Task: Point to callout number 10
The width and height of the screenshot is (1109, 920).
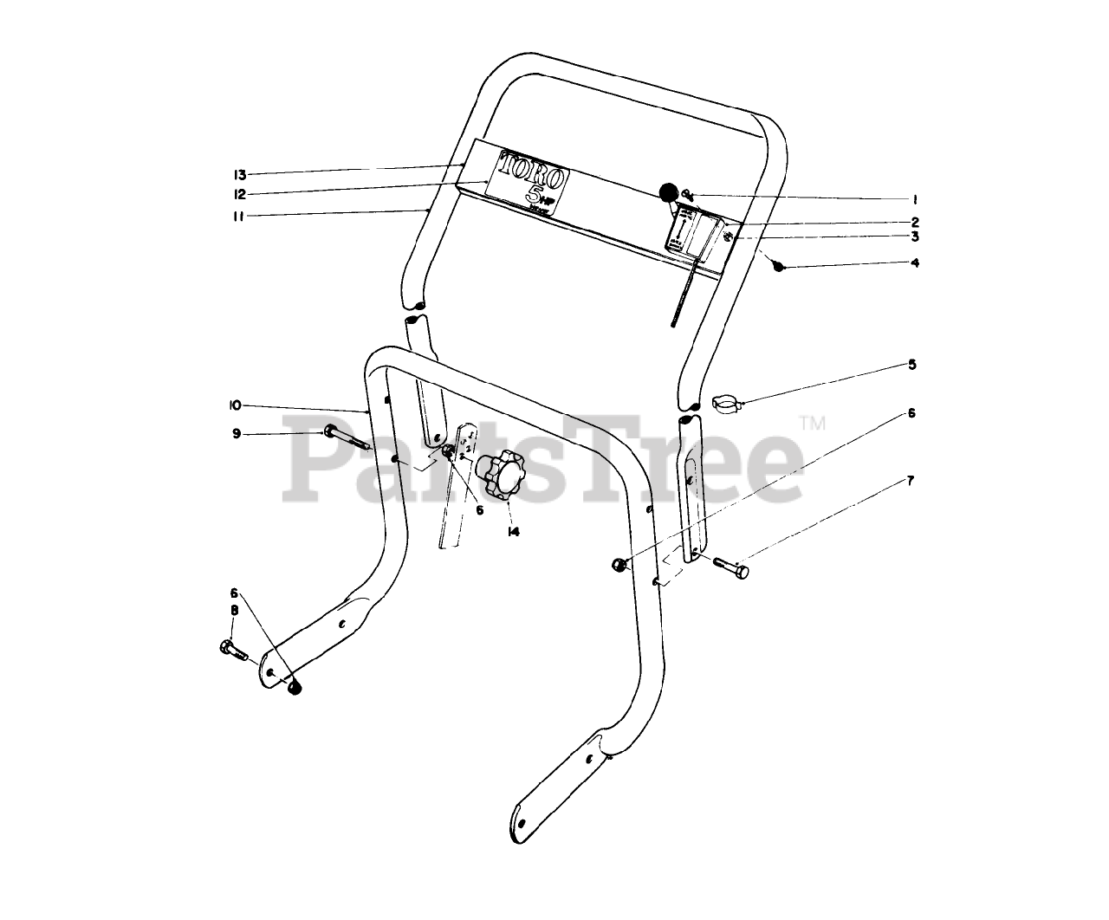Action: [236, 405]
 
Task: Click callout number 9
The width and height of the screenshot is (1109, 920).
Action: [236, 433]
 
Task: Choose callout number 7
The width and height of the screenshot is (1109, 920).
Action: [910, 479]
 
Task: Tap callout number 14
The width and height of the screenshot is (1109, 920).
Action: [514, 532]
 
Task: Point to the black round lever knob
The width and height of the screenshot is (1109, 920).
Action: [668, 192]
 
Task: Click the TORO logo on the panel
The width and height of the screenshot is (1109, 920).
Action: [528, 180]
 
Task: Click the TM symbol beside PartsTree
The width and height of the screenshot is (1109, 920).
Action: [811, 424]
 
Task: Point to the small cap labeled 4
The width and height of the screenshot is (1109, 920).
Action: [779, 267]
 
